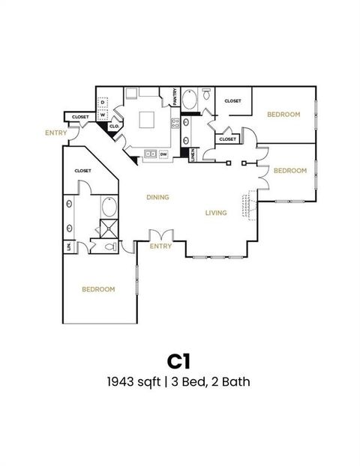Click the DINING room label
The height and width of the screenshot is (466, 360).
(157, 198)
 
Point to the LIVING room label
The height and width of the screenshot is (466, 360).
(216, 214)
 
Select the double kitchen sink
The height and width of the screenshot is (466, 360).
(151, 154)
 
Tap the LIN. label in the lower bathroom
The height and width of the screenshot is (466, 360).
(68, 246)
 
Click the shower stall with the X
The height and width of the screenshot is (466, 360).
(109, 229)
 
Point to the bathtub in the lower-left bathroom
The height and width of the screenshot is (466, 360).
(109, 207)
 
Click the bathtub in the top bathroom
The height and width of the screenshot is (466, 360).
(191, 100)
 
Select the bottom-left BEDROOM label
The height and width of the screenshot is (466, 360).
(98, 289)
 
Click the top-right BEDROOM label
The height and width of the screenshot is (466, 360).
(283, 115)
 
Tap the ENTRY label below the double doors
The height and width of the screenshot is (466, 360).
(160, 246)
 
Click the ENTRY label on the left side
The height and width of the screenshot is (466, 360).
(55, 133)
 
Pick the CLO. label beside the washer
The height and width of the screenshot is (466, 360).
(114, 127)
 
